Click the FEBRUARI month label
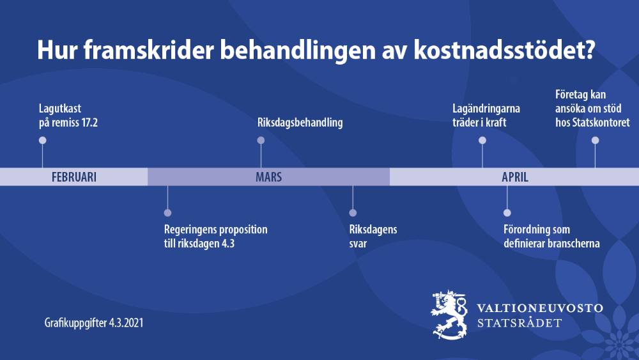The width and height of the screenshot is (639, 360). (73, 177)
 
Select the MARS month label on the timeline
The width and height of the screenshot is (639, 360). (268, 177)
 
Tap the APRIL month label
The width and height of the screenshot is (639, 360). (514, 177)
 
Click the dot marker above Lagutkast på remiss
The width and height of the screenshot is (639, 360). (42, 140)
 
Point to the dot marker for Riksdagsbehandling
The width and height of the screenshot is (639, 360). (261, 140)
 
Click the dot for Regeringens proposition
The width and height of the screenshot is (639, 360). (167, 213)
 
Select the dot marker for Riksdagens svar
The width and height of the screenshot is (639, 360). (353, 213)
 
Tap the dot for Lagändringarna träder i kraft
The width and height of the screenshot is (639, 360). (482, 140)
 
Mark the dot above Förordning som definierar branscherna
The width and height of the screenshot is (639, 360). (507, 213)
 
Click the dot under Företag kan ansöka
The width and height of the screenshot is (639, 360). (596, 140)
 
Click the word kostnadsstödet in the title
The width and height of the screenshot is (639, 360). (505, 50)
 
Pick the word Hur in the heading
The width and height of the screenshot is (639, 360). (58, 50)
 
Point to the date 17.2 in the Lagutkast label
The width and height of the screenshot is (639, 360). (89, 122)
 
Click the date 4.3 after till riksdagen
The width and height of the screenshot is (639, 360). (228, 244)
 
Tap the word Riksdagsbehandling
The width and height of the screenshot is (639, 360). (300, 122)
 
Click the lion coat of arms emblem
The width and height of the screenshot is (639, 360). (449, 315)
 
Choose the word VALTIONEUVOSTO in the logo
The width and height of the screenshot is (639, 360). (540, 308)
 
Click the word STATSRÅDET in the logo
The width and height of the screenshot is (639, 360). (520, 323)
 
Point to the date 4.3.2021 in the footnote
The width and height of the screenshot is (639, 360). (127, 323)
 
